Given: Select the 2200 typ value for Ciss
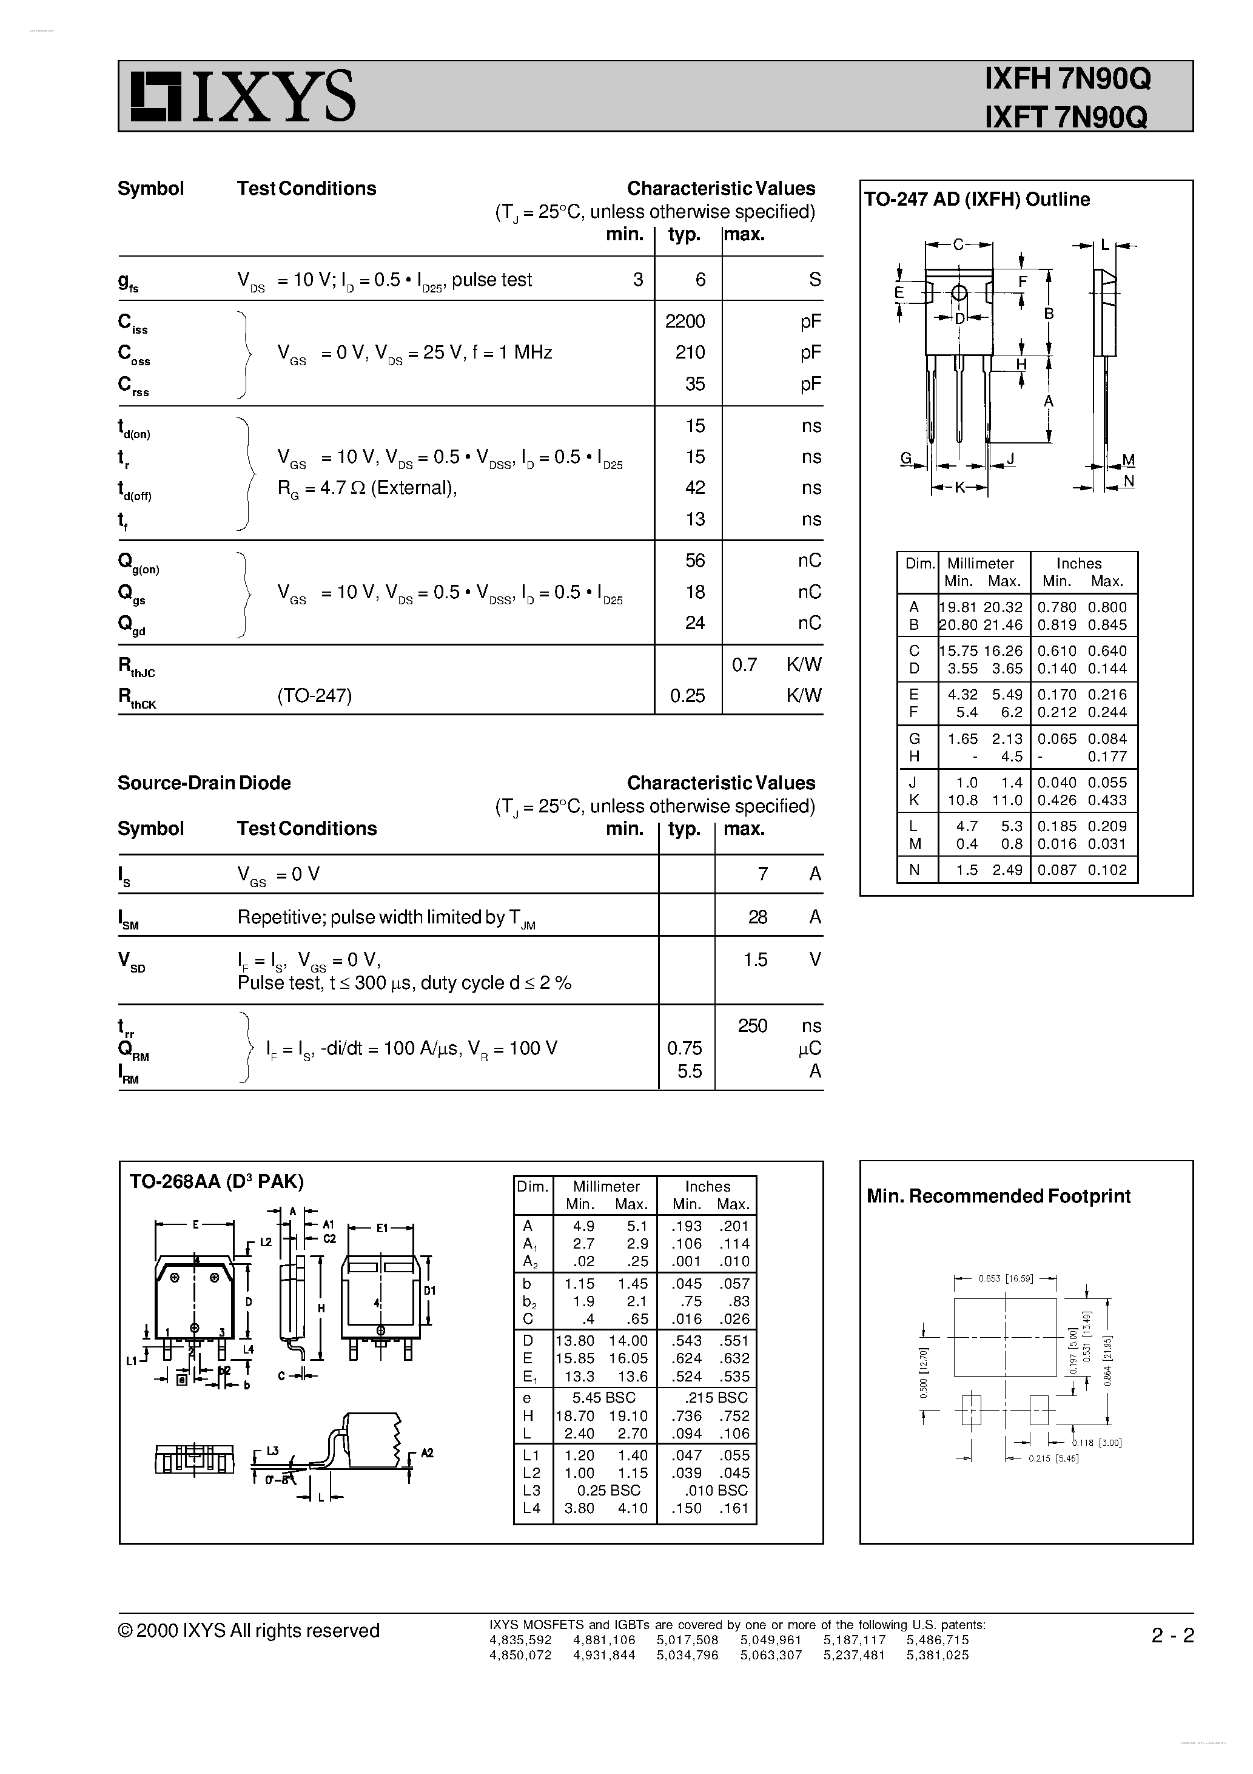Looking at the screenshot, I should [685, 322].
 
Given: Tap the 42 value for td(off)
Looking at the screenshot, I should [694, 488].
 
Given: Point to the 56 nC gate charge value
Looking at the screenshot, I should [694, 561].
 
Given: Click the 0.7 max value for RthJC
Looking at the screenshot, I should [744, 664].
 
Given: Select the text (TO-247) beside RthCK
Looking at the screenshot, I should [314, 696].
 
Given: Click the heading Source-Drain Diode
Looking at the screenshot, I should [204, 783].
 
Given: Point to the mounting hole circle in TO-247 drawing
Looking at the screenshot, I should [959, 293].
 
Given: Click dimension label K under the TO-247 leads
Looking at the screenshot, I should [959, 488].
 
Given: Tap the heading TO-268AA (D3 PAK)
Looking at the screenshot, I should [217, 1181].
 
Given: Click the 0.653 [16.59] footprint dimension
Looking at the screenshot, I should [1004, 1279].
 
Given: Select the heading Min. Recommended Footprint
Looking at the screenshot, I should [998, 1196].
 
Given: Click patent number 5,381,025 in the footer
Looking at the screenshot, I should [937, 1655].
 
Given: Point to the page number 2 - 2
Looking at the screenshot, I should [1172, 1636].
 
